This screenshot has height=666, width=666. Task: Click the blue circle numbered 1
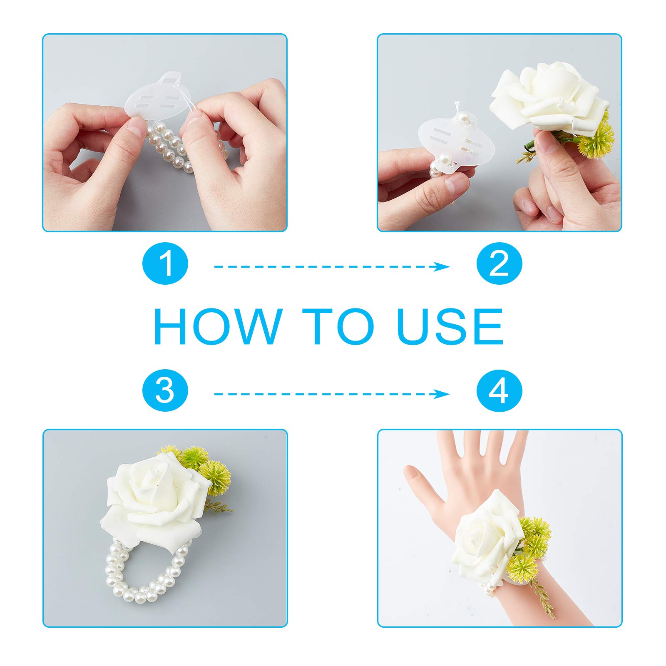click(165, 263)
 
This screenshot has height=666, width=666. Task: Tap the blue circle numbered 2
click(499, 263)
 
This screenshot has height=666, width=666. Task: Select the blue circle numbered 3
click(165, 391)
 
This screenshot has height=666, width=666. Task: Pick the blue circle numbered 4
click(499, 391)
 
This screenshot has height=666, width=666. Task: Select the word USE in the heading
click(450, 326)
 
